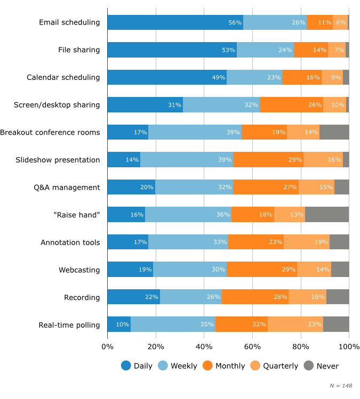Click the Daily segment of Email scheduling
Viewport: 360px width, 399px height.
[x=175, y=22]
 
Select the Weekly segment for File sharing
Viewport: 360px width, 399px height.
[x=265, y=50]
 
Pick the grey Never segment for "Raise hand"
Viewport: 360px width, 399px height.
[x=327, y=215]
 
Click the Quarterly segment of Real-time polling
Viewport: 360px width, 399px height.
[x=295, y=324]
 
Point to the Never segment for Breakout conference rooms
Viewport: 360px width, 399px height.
[x=334, y=132]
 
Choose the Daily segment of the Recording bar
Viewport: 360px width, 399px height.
[x=133, y=297]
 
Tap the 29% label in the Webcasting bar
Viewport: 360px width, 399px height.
[x=289, y=270]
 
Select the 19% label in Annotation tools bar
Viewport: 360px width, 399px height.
[x=321, y=242]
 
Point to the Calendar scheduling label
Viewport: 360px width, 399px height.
[x=63, y=77]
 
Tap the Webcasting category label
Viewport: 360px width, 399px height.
[x=79, y=270]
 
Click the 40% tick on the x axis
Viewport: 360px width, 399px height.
[x=204, y=347]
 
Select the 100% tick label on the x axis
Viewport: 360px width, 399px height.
[x=349, y=347]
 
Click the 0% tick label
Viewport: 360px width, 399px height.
[x=107, y=347]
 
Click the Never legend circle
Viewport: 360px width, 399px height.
[x=308, y=366]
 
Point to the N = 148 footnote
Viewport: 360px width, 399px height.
[x=341, y=385]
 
